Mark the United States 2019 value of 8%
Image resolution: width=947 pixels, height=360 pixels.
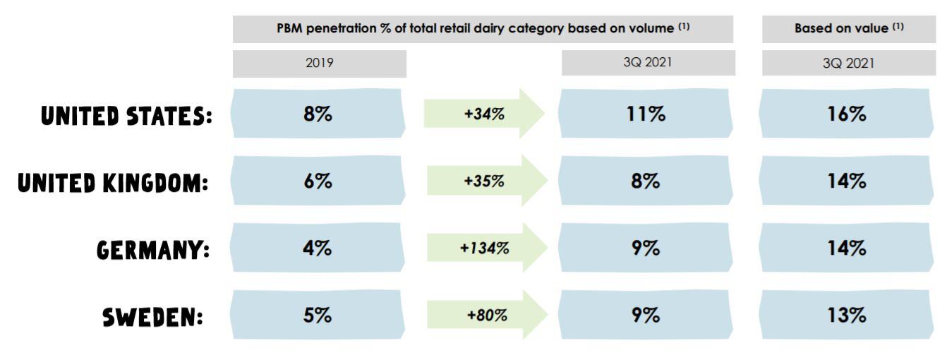pyautogui.click(x=320, y=115)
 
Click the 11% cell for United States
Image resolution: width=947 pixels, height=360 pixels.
pyautogui.click(x=646, y=115)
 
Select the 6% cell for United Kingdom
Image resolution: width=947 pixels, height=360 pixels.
pyautogui.click(x=320, y=182)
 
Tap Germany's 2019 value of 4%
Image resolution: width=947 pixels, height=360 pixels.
pyautogui.click(x=320, y=249)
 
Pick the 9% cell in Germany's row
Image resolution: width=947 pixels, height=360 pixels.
pyautogui.click(x=646, y=249)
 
